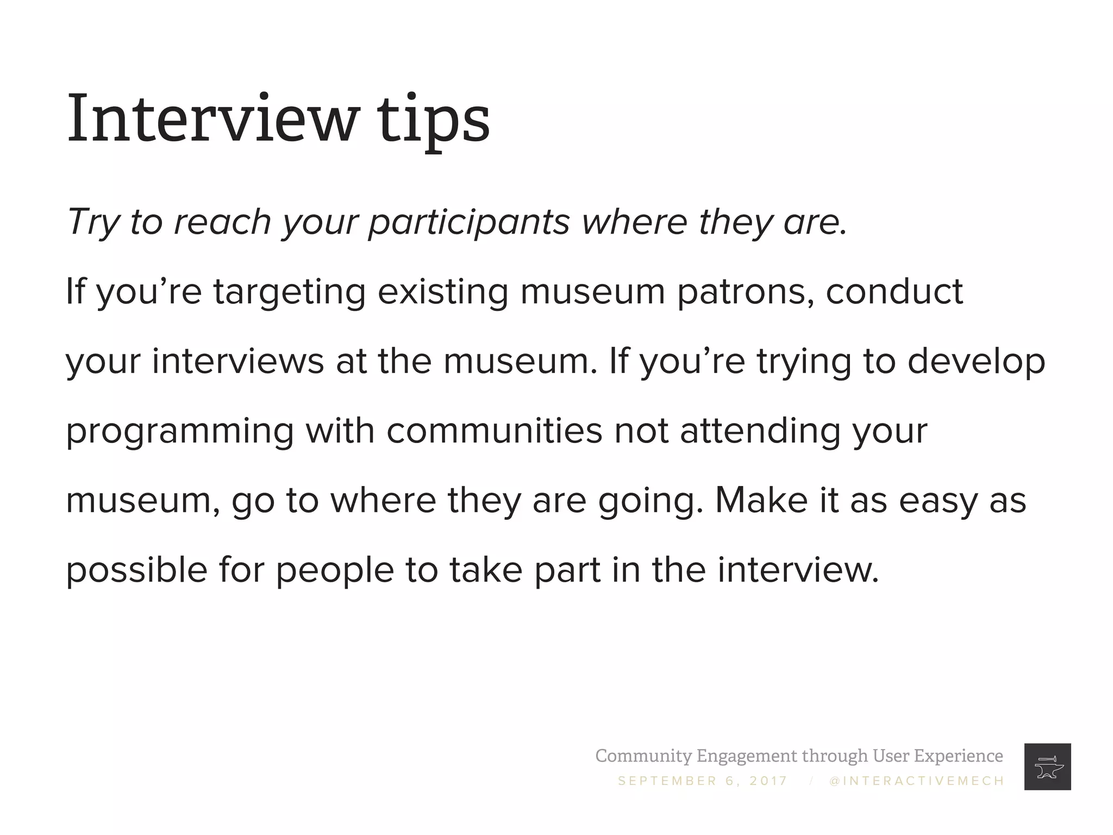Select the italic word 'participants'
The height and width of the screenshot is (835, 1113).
[x=469, y=223]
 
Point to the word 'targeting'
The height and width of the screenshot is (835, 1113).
[x=289, y=292]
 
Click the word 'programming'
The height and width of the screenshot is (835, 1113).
[x=179, y=432]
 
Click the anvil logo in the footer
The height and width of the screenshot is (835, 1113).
[x=1047, y=767]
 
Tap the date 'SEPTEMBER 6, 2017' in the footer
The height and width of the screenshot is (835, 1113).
[x=703, y=781]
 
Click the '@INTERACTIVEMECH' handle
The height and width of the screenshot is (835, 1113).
[x=917, y=781]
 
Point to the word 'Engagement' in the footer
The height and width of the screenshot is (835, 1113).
[x=748, y=756]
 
